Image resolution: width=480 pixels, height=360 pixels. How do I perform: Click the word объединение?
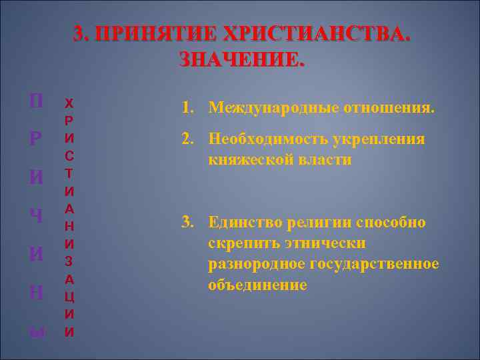[x=257, y=285]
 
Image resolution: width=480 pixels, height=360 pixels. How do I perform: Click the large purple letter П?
[x=38, y=102]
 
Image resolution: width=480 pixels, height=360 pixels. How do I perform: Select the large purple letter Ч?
[x=38, y=217]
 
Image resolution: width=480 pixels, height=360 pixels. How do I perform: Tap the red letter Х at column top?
[x=69, y=105]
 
